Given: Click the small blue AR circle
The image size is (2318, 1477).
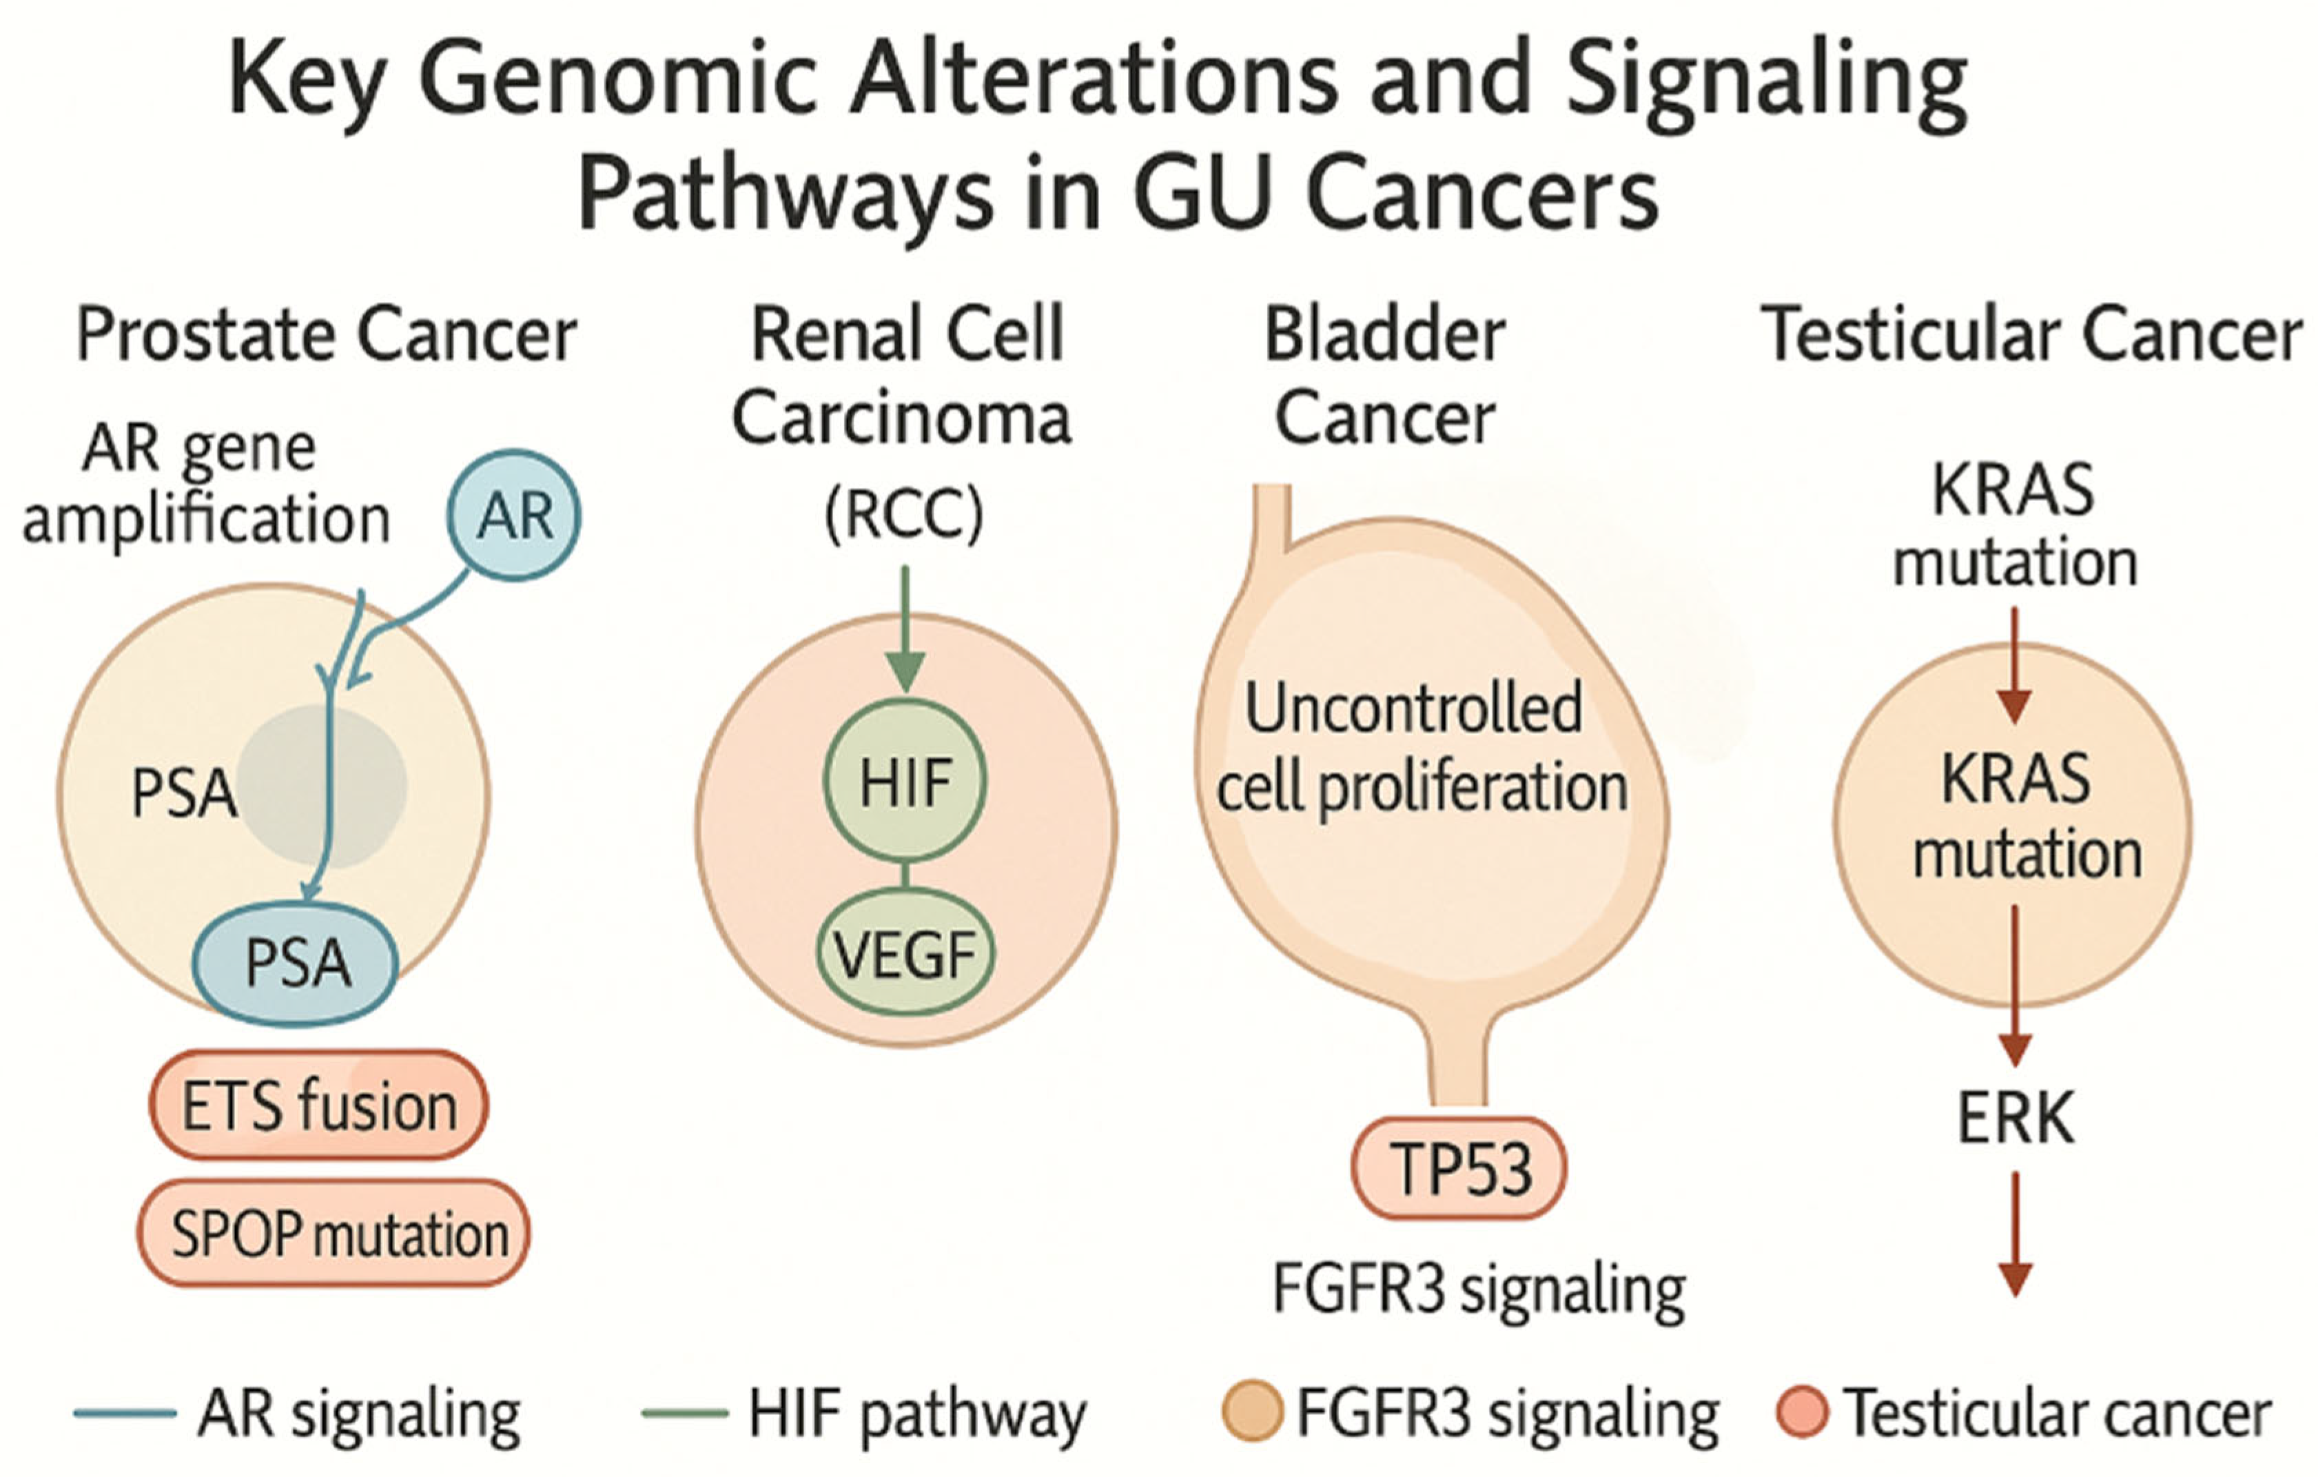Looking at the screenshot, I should (x=514, y=515).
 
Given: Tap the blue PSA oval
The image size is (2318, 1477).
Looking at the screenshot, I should (x=296, y=964).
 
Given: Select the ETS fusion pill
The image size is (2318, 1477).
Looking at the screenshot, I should (x=318, y=1106).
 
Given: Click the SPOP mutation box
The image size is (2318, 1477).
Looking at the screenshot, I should (x=334, y=1234).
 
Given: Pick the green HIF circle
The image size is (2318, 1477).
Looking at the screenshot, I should (x=905, y=781).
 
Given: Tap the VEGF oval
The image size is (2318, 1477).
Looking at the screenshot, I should (x=905, y=954).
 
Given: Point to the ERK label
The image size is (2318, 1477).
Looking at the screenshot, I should (x=2016, y=1118).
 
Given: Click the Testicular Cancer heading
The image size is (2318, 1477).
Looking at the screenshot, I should (x=2031, y=335).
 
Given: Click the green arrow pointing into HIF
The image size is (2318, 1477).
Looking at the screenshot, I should (x=905, y=631).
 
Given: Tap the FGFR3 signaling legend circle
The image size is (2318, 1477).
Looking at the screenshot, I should (x=1251, y=1412).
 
